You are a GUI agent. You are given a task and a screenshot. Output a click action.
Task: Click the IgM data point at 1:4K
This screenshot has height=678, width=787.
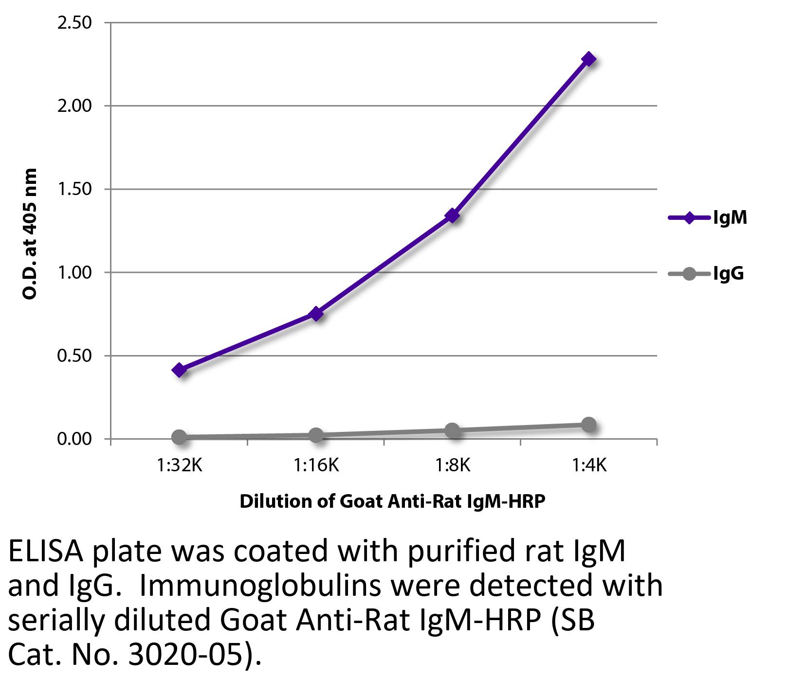(x=588, y=59)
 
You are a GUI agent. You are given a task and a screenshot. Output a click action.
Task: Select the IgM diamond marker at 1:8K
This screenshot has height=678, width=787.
(x=452, y=215)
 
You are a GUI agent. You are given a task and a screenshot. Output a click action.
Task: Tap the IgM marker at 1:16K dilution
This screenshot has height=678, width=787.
(x=316, y=314)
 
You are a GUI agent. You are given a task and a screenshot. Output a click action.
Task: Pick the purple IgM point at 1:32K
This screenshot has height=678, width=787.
(x=179, y=370)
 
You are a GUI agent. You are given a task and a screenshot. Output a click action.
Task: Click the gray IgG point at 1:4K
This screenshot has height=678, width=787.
(x=588, y=424)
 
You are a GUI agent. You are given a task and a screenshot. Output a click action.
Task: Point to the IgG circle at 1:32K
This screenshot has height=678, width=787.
(x=179, y=437)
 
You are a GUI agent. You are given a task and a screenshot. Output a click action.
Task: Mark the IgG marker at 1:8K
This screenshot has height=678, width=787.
(x=452, y=430)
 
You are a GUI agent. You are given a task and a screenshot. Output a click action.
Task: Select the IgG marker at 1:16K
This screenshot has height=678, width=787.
(x=316, y=435)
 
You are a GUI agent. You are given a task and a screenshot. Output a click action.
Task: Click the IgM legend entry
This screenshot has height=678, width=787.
(x=708, y=217)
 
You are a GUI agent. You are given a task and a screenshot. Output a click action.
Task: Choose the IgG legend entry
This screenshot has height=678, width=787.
(x=708, y=274)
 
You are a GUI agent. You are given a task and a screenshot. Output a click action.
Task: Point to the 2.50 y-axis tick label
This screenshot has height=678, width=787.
(x=74, y=23)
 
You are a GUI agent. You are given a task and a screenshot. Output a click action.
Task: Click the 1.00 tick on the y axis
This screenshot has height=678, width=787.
(x=74, y=272)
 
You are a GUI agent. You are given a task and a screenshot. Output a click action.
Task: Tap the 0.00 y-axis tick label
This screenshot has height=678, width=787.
(x=74, y=439)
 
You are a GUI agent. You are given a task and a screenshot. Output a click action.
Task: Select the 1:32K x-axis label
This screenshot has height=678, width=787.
(x=179, y=465)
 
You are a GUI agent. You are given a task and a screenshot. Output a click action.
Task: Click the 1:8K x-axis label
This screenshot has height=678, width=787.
(x=452, y=465)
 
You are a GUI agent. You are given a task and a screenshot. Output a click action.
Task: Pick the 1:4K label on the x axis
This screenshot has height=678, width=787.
(x=588, y=465)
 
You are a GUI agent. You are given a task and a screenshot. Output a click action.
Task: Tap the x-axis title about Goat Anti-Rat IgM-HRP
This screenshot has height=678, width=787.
(x=392, y=501)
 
